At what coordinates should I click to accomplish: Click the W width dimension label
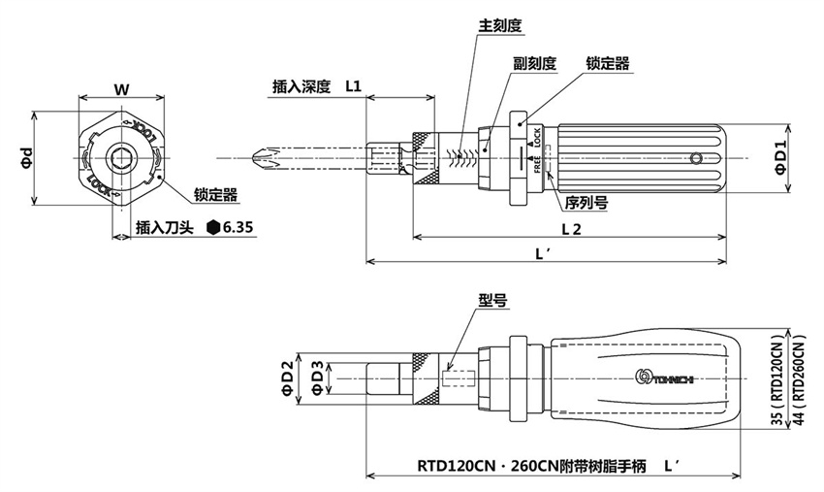(x=120, y=88)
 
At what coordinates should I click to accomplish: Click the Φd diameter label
(x=27, y=158)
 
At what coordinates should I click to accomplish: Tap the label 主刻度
(x=501, y=26)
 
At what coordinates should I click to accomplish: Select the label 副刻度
(x=534, y=63)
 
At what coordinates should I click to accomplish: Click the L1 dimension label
(x=353, y=86)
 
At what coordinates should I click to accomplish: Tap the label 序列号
(x=586, y=203)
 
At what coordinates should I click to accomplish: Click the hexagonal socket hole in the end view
(x=120, y=158)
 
